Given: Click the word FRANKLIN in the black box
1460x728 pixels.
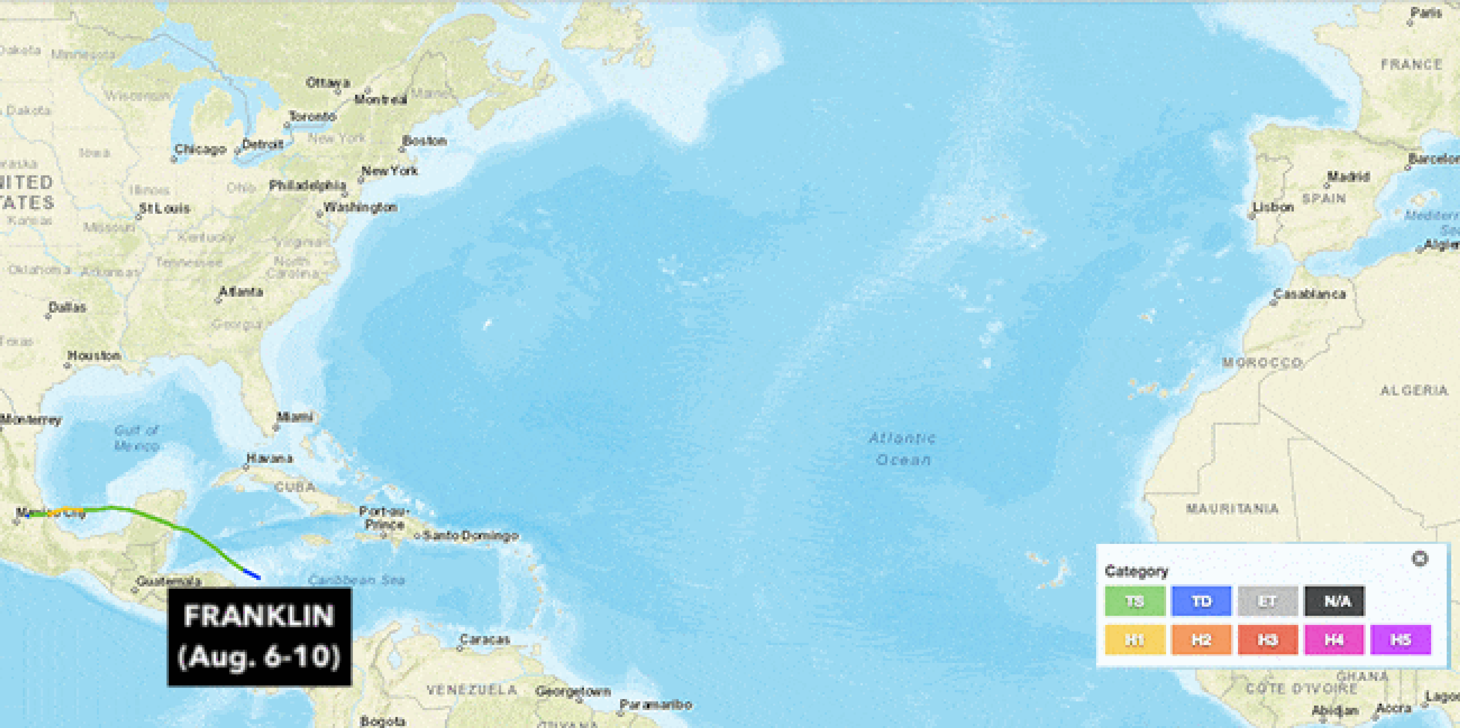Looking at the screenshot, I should tap(259, 616).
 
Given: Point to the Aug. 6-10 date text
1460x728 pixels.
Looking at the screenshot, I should tap(259, 656).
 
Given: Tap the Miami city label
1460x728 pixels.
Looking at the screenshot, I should tap(294, 417).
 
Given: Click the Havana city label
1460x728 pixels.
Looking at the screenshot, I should tap(270, 458).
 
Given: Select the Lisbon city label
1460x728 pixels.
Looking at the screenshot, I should tap(1273, 208).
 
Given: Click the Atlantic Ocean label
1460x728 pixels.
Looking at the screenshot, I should tap(902, 448).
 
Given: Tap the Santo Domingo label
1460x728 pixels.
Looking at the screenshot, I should tap(470, 536).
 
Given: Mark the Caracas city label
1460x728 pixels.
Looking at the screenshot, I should tap(485, 639).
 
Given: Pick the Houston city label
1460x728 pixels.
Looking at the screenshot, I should tap(94, 356).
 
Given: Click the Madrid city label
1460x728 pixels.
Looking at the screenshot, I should tap(1348, 177).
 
